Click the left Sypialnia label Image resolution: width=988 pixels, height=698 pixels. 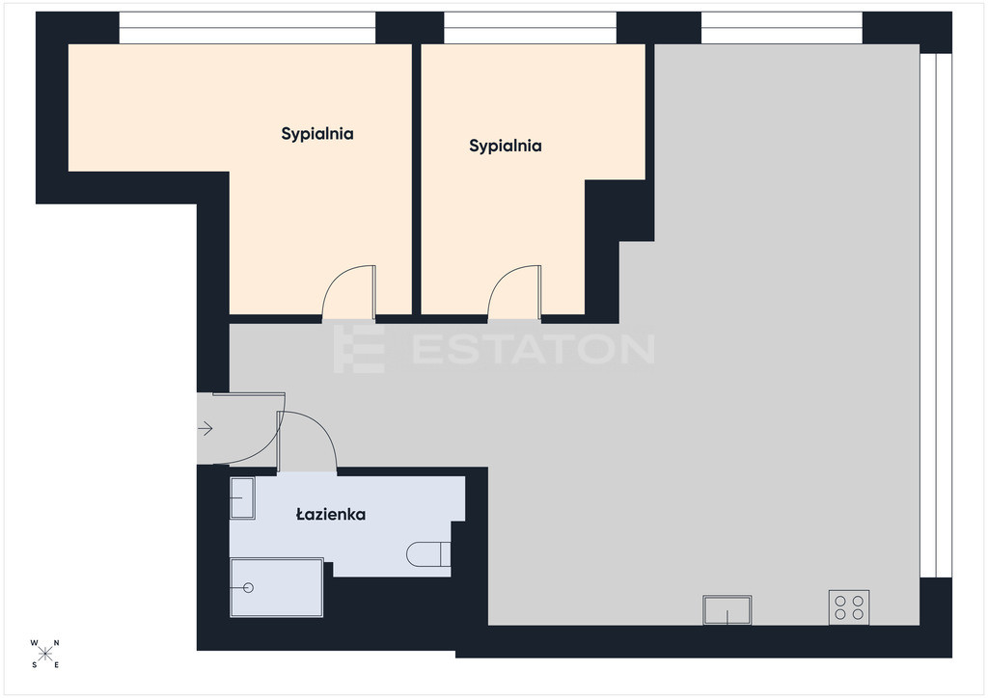[316, 134]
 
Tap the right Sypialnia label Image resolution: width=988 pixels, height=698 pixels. [506, 146]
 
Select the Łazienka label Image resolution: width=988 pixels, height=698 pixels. [331, 514]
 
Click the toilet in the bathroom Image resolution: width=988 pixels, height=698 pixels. [428, 554]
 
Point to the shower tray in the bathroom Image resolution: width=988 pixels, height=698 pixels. [277, 587]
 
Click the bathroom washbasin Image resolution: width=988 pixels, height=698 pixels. [242, 497]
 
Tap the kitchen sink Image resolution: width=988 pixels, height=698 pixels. [727, 610]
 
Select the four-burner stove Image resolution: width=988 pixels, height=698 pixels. [849, 607]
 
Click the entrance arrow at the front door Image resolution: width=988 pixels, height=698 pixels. [206, 429]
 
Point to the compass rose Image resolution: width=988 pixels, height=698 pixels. [44, 654]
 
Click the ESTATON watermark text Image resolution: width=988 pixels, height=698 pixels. [534, 349]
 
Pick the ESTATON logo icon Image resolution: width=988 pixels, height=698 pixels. [359, 349]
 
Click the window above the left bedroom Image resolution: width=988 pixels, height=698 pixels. [248, 28]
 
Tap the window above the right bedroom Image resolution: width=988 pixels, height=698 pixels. [530, 28]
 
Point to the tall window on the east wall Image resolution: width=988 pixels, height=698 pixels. [936, 315]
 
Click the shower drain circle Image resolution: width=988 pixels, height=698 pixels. [248, 588]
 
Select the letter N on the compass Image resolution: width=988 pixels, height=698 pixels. [56, 643]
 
